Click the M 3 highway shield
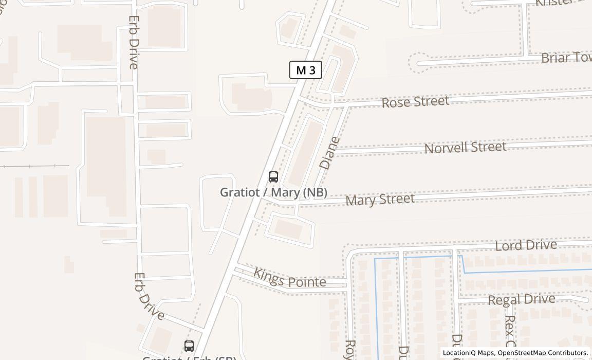(306, 70)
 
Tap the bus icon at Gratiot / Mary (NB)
(273, 177)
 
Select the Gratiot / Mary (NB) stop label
(273, 192)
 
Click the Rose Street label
(415, 101)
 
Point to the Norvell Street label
(465, 148)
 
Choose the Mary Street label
(380, 199)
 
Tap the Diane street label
(329, 153)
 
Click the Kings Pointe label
(290, 278)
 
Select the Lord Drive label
(526, 245)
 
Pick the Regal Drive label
(521, 299)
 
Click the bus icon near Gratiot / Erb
(189, 346)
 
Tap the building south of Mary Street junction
(289, 228)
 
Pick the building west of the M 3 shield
(250, 96)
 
